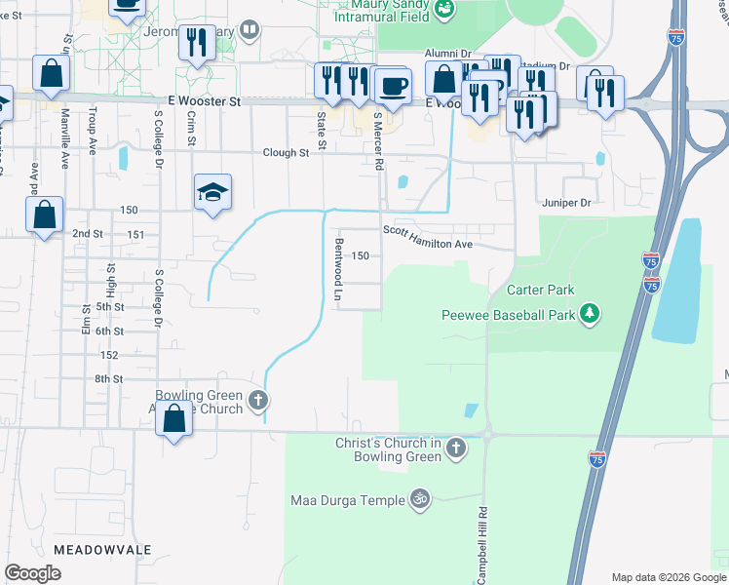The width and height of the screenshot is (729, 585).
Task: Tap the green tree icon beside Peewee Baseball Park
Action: pos(589,313)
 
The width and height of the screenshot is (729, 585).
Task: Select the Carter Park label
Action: pos(540,290)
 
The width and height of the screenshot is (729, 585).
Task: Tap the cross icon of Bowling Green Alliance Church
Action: pos(257,399)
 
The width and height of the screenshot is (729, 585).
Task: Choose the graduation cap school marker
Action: pos(211,192)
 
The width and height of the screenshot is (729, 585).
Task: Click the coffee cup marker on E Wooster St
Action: pos(393,85)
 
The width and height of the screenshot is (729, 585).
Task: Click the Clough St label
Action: pos(286,153)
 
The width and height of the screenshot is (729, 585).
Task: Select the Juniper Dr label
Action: pos(566,203)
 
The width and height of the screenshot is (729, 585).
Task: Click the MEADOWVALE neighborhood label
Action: pos(102,550)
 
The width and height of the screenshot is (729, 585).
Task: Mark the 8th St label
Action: pos(109,378)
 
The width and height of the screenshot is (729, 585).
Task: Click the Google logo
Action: pos(33,573)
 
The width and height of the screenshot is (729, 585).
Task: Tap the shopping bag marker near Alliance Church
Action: pos(173,420)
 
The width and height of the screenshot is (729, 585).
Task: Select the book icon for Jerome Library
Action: pos(250,31)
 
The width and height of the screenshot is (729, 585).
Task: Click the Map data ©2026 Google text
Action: pos(668,577)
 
